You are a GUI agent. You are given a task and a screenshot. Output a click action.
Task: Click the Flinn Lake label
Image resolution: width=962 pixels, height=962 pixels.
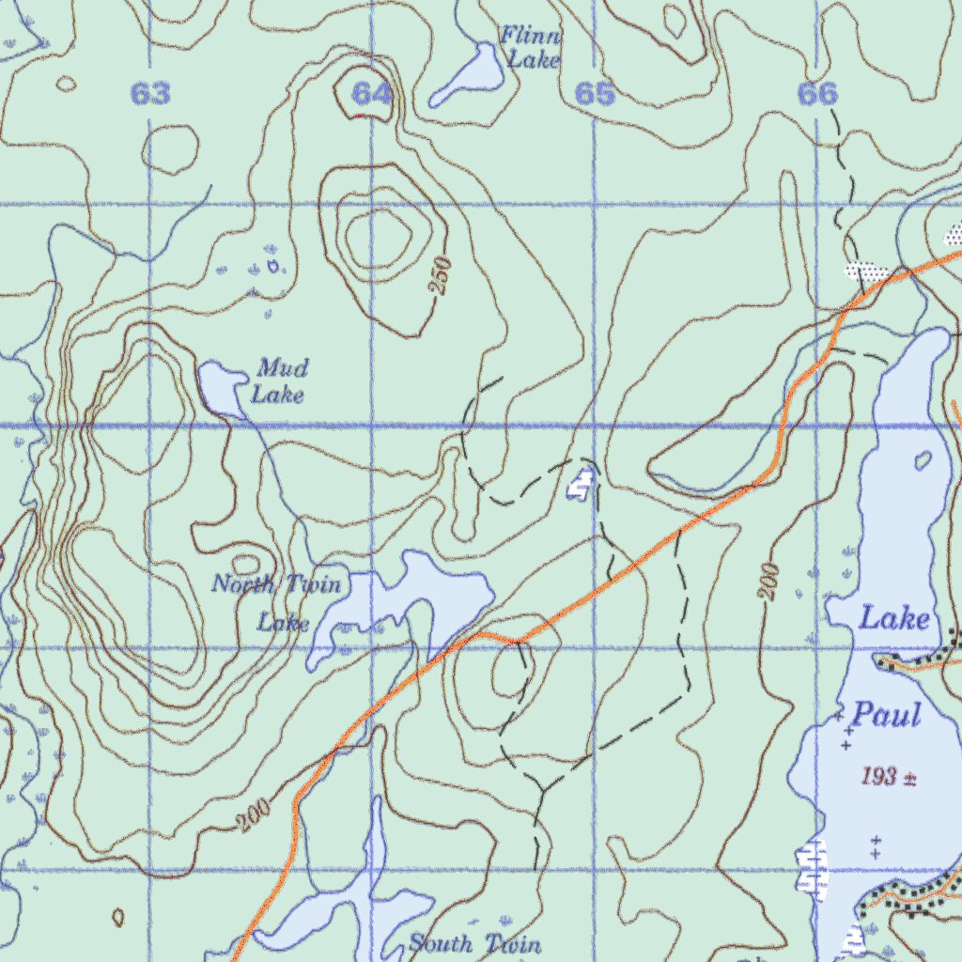tap(532, 48)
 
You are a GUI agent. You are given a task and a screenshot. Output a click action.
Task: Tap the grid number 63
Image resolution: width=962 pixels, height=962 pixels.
tap(150, 94)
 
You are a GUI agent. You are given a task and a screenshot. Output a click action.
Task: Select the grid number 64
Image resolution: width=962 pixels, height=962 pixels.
tap(372, 94)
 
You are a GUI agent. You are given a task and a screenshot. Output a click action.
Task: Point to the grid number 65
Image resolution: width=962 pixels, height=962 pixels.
tap(594, 94)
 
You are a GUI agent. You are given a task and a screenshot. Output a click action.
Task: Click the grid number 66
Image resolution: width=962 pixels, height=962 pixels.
tap(815, 94)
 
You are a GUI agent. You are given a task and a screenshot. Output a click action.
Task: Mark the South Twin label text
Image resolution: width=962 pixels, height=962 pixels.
tap(474, 944)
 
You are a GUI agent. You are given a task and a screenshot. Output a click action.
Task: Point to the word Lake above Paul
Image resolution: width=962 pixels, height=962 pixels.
tap(895, 618)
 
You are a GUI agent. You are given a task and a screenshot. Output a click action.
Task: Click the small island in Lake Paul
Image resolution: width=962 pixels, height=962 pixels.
tap(923, 460)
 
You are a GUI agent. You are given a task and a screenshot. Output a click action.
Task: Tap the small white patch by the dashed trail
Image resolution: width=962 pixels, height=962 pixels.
tap(582, 485)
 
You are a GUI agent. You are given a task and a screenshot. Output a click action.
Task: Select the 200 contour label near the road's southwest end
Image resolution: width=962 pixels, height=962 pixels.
tap(253, 817)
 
